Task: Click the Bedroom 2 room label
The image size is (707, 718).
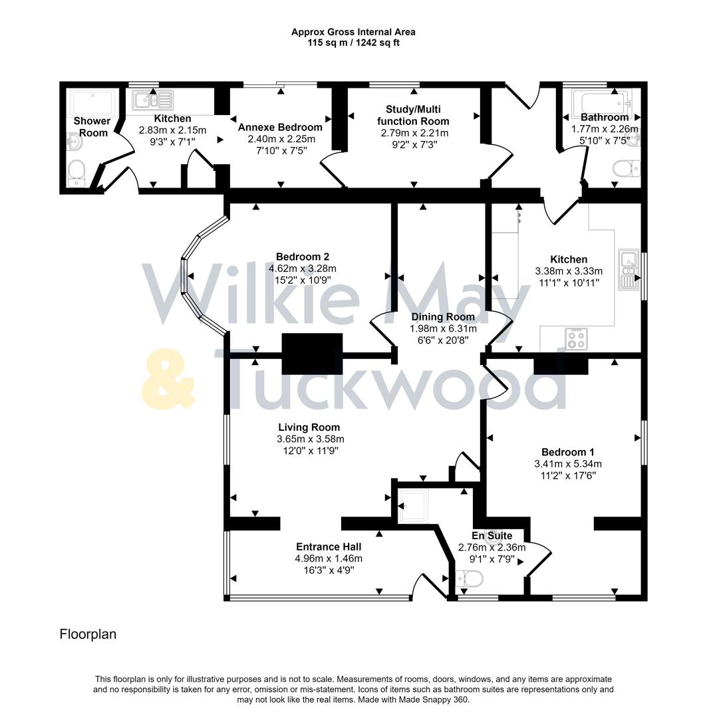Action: [303, 257]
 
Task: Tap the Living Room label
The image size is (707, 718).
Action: [309, 427]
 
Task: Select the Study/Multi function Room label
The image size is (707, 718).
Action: [413, 115]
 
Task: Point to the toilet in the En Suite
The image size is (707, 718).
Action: [471, 580]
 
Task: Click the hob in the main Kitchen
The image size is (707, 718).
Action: [577, 340]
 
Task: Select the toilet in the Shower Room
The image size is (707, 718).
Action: [76, 171]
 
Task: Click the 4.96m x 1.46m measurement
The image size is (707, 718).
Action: [329, 558]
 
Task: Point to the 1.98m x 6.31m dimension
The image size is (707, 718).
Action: [442, 328]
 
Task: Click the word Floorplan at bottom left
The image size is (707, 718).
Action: [88, 634]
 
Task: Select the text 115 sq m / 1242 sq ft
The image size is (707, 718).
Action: [353, 43]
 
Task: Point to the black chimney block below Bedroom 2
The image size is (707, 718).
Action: [312, 354]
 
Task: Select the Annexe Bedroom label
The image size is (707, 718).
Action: [280, 127]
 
